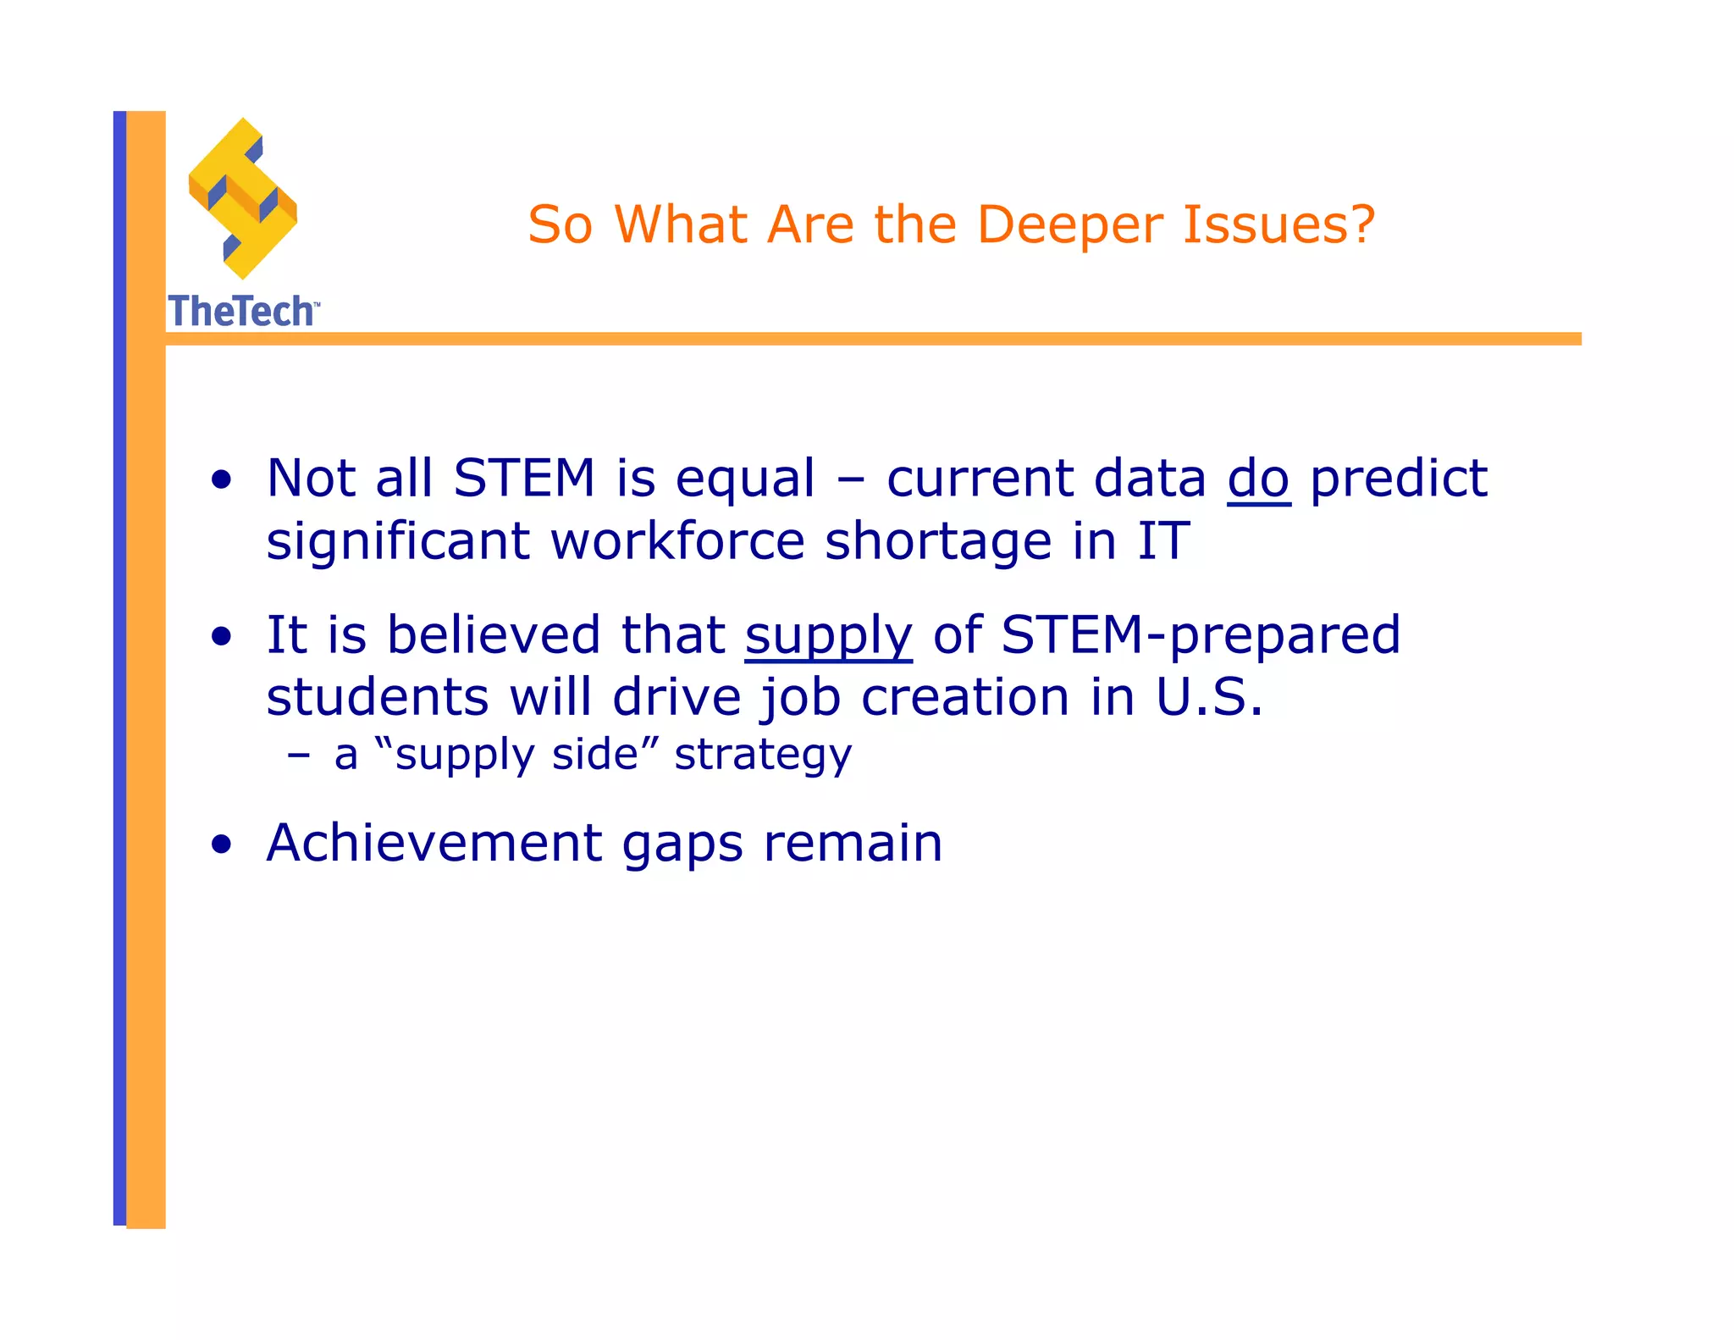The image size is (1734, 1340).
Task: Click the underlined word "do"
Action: coord(1258,479)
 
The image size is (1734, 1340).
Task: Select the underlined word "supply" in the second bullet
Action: coord(828,636)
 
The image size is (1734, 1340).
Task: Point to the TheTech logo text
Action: coord(242,311)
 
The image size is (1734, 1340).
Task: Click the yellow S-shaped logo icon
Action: coord(243,199)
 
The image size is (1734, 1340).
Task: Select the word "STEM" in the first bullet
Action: coord(524,479)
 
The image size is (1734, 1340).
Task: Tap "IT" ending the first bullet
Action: coord(1163,541)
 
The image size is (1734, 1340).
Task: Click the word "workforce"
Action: coord(677,541)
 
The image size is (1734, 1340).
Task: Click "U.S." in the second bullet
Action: coord(1209,698)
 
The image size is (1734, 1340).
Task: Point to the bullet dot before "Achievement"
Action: coord(222,844)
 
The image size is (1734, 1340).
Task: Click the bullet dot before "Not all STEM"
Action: coord(222,480)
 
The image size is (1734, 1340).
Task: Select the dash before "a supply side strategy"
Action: coord(298,755)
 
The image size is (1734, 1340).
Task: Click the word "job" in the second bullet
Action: coord(799,700)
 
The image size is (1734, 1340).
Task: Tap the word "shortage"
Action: coord(937,541)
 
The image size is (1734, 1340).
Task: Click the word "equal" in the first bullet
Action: coord(745,480)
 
